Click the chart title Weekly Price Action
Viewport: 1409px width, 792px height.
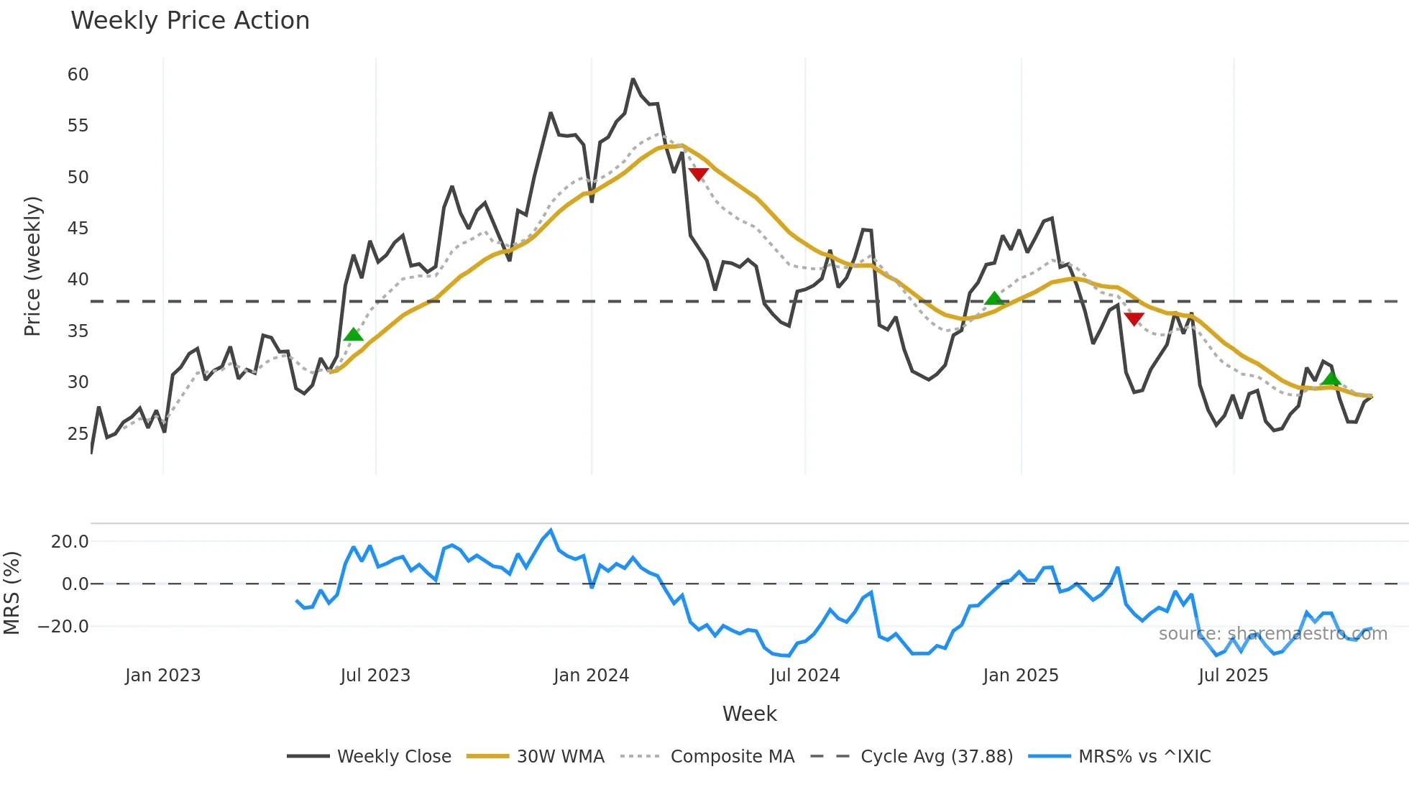190,21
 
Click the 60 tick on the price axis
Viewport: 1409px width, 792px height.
78,75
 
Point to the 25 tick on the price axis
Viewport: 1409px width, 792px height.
78,434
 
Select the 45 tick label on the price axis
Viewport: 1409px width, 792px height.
78,229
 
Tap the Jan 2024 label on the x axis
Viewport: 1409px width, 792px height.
591,676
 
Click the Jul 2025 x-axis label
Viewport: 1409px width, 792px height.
1233,676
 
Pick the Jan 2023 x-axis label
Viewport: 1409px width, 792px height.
162,676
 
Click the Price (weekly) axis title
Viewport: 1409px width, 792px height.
32,266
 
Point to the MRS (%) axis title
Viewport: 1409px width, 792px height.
12,593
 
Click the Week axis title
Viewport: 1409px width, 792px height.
749,714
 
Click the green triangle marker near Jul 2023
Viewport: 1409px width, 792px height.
353,335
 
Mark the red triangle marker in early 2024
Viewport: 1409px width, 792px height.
698,174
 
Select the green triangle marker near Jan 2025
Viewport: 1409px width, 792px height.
993,299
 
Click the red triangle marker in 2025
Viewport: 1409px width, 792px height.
1134,319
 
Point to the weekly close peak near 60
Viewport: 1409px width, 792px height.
633,79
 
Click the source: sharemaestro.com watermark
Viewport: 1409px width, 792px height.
1272,634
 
